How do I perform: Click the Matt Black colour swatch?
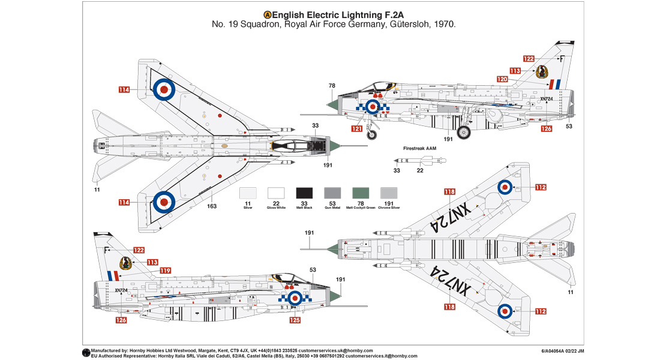pos(304,193)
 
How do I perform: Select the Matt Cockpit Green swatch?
pos(361,193)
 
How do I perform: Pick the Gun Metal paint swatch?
pos(332,193)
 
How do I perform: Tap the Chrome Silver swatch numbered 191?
pos(389,193)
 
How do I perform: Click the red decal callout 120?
pos(502,79)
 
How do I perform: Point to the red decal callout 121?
pos(357,128)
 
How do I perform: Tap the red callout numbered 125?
pos(295,320)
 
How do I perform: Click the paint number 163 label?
pos(212,206)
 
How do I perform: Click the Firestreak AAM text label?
pos(419,148)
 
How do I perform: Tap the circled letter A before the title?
pos(267,14)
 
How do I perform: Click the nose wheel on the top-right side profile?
pos(372,134)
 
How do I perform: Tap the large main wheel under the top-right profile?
pos(464,132)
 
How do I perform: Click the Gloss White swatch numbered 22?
pos(276,193)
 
